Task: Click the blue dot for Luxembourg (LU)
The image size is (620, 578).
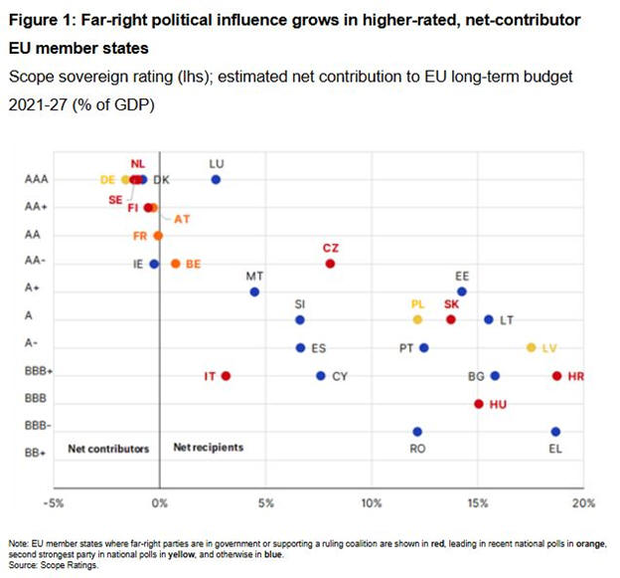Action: click(x=216, y=179)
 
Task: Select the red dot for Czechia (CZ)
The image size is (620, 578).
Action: click(x=330, y=264)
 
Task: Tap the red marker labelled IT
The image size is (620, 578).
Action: click(x=226, y=375)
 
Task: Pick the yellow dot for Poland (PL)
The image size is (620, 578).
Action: click(x=417, y=319)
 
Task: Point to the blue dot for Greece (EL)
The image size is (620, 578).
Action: click(x=555, y=432)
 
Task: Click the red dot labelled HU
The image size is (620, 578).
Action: click(x=479, y=404)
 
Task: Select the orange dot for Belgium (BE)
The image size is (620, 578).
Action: click(x=175, y=264)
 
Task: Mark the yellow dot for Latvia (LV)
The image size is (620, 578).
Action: click(x=532, y=347)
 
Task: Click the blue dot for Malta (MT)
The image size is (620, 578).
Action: click(x=254, y=291)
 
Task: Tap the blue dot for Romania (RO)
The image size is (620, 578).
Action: click(x=417, y=432)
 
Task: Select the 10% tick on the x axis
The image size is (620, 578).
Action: click(x=372, y=501)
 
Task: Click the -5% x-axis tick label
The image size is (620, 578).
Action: click(x=54, y=501)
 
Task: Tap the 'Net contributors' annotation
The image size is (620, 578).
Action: click(x=108, y=448)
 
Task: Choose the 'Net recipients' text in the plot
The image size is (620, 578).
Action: click(x=208, y=448)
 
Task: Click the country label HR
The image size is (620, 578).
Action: click(x=575, y=376)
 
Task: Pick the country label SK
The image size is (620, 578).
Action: click(x=451, y=303)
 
